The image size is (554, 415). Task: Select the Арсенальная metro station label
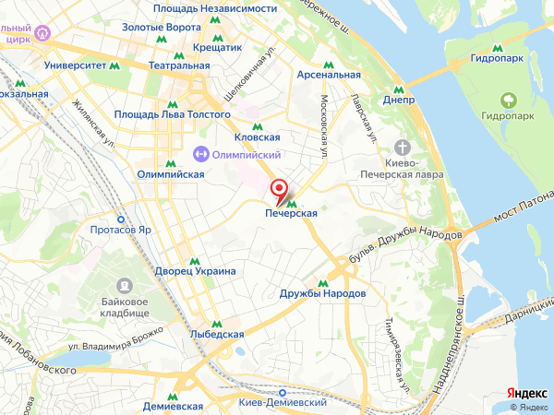tap(328, 75)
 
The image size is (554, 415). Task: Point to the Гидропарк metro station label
tap(498, 58)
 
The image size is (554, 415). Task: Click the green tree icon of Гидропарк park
tap(507, 100)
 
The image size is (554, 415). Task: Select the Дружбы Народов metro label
tap(322, 293)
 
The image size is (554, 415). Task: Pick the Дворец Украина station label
tap(197, 271)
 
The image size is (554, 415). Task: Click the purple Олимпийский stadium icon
tap(200, 154)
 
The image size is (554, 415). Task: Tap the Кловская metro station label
tap(257, 136)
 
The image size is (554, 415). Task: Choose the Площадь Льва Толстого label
tap(172, 114)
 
